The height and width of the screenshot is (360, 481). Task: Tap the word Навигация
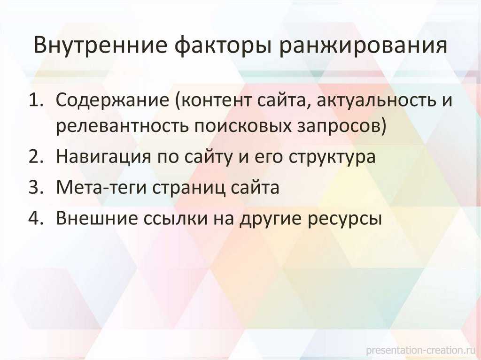point(104,158)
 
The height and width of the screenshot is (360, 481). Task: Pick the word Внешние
point(97,218)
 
